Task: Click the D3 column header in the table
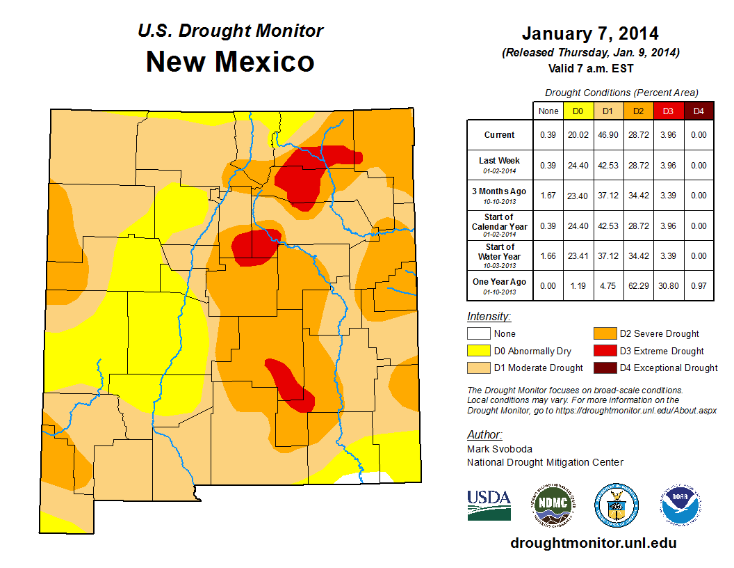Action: [x=667, y=111]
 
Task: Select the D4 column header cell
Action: [x=698, y=111]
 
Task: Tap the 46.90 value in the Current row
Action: [x=607, y=135]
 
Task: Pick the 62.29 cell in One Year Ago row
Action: [x=637, y=285]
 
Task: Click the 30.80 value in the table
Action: [x=667, y=285]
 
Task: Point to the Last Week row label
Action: [x=500, y=164]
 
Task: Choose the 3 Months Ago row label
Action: [x=500, y=195]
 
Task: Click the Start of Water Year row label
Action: [x=500, y=255]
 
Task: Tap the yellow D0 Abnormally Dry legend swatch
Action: [x=478, y=351]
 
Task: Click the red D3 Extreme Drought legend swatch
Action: [x=603, y=351]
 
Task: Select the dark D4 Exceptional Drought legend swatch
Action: [x=603, y=368]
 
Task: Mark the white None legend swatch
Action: [x=478, y=334]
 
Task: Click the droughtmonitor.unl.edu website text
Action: [x=593, y=543]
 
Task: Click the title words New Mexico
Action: [x=230, y=62]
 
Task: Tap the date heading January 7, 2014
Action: [x=590, y=33]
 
